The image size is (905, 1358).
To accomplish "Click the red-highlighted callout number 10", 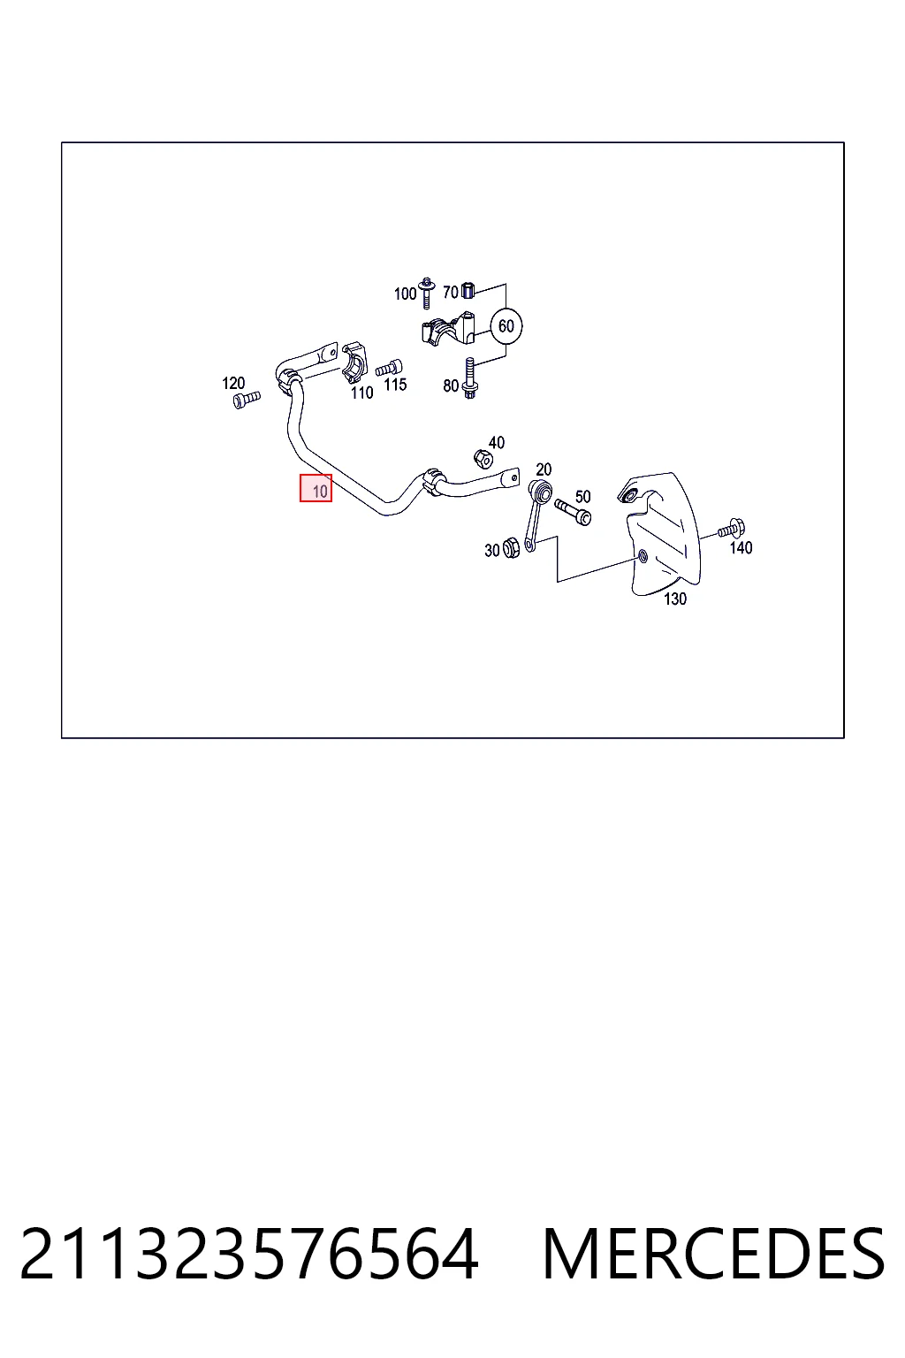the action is pos(316,488).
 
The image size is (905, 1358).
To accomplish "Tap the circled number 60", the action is pos(506,326).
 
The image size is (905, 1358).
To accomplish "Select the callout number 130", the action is pos(674,599).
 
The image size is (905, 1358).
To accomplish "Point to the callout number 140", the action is pos(740,547).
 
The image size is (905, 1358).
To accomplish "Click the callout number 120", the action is pos(233,383).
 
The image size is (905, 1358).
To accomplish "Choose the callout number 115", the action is pos(394,385).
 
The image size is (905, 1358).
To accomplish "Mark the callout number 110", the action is pos(361,393).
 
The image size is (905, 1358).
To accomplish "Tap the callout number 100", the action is pos(405,294).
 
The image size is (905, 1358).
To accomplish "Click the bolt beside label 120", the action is pos(247,400).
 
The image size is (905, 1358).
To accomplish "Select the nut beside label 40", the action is pos(483,459).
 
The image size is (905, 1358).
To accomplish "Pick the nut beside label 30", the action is pos(511,548).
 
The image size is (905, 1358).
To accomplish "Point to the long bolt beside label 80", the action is pos(470,378).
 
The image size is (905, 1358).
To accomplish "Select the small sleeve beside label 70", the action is pos(468,290).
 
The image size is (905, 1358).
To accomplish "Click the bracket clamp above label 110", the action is pos(355,363).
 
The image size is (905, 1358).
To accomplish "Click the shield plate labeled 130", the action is pos(659,533).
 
